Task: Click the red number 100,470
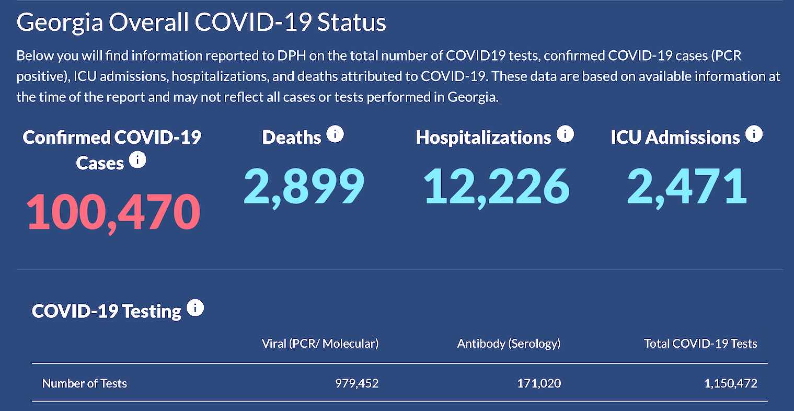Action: (x=113, y=212)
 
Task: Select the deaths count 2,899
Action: (x=304, y=186)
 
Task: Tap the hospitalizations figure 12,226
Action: (x=496, y=186)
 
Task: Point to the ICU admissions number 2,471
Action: (x=686, y=186)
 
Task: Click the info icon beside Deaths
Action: (x=335, y=134)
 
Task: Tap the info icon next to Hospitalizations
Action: (x=565, y=134)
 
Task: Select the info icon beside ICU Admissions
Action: (x=754, y=134)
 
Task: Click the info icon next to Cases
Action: (x=137, y=159)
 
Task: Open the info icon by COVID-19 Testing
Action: (x=195, y=308)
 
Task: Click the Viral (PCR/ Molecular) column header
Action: (x=320, y=344)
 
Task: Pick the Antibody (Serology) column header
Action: (x=509, y=344)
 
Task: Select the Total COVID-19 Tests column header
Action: (x=700, y=344)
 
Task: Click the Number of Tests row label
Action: (x=85, y=383)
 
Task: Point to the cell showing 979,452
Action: (x=356, y=383)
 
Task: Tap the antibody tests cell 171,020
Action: (x=539, y=383)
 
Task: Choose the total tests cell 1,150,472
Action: (x=731, y=383)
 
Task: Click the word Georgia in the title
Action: (x=60, y=23)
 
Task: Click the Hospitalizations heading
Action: (x=484, y=138)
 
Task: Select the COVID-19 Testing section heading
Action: (x=107, y=311)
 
